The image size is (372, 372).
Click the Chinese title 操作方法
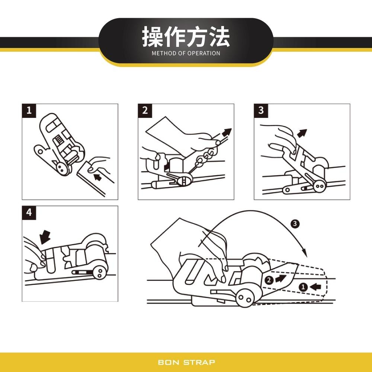click(186, 37)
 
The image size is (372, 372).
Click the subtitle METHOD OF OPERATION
click(186, 53)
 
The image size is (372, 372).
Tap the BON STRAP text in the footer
click(186, 362)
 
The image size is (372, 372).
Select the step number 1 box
click(29, 110)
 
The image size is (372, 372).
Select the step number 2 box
click(145, 110)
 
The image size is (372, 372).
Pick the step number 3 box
click(261, 110)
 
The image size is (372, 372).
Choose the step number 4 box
click(29, 213)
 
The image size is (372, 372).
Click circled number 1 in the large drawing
click(303, 286)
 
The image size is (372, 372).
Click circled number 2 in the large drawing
click(269, 280)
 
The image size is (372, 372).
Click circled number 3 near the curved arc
click(295, 224)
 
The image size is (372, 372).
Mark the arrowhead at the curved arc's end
click(305, 253)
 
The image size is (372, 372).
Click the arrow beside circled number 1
click(315, 286)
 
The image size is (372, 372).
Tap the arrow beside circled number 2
click(281, 279)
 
